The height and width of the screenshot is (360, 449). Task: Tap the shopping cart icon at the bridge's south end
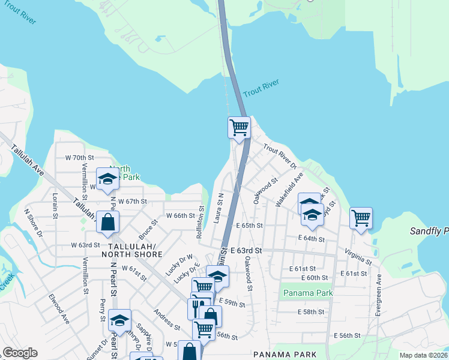239,127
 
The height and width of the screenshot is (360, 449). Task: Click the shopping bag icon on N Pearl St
107,222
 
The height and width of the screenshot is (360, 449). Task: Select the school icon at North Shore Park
108,179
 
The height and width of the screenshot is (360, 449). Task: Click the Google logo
20,353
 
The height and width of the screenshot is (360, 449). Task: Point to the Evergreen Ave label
379,295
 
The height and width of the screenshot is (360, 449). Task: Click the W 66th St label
181,215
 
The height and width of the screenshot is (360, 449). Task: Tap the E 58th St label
310,312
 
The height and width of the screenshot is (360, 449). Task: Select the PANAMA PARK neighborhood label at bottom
276,355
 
